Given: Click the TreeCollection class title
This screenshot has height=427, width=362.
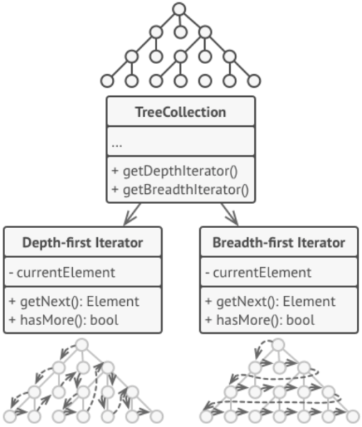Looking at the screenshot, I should pos(181,112).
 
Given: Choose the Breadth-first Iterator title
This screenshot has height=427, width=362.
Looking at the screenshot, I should pos(278,243).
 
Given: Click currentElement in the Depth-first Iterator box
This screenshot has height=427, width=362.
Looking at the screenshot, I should pos(66,272).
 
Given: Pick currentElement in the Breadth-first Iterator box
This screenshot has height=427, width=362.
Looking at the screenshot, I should pos(263,272).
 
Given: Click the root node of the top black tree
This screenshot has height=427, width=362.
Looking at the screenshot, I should pos(180,9).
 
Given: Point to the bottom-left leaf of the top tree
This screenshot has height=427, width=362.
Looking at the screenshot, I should pos(106,80).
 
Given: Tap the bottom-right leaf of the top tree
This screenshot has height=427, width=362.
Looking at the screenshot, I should pos(254,80).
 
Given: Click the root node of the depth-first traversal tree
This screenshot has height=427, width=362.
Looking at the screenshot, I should pos(82,346).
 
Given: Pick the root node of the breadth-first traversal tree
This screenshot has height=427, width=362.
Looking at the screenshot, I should pos(278,346).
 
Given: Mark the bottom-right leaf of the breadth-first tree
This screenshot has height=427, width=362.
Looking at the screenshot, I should pos(353,416).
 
